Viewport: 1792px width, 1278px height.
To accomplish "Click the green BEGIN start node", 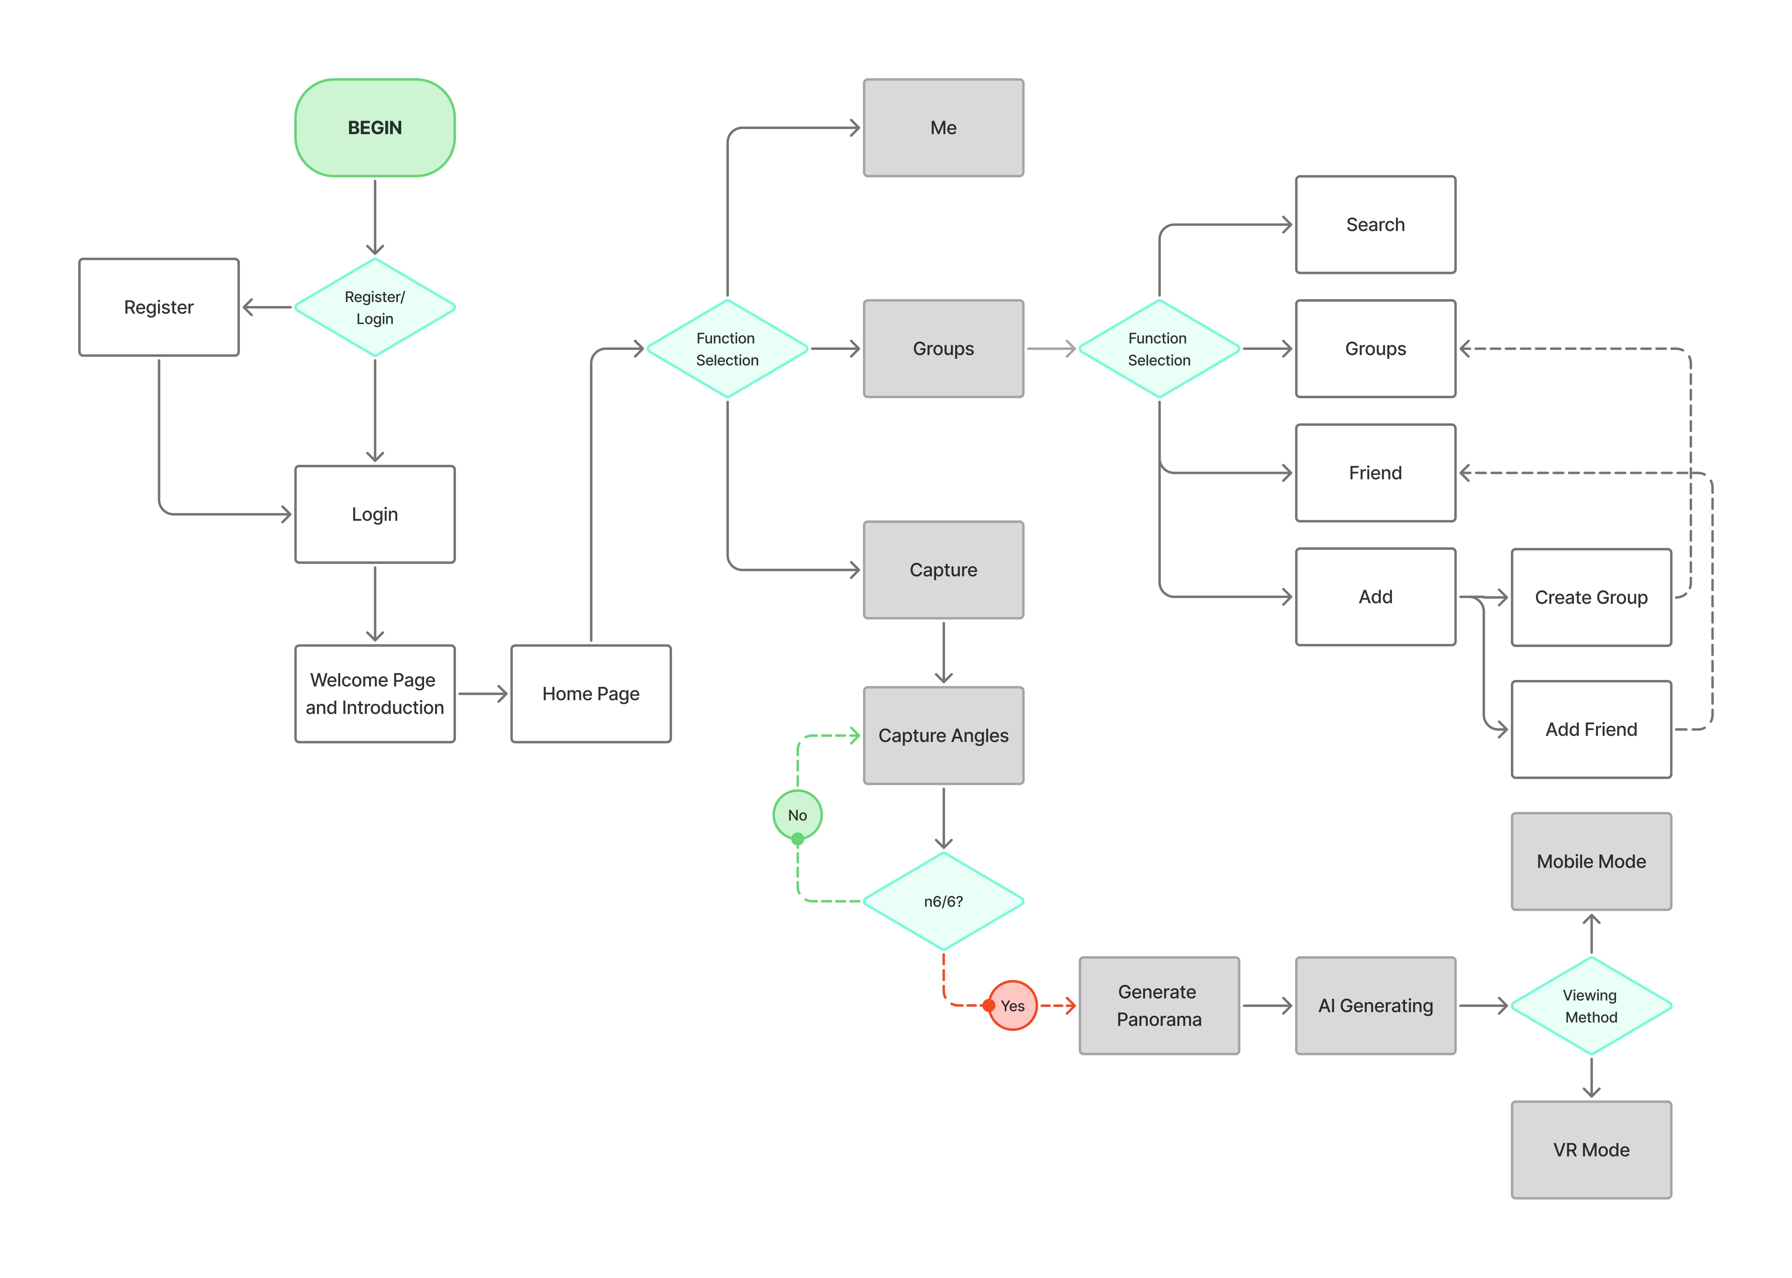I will (x=375, y=127).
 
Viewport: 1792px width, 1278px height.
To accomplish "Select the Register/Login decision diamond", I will (x=375, y=308).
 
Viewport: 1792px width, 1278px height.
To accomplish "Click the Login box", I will (x=375, y=515).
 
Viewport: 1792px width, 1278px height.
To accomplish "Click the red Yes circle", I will (x=1013, y=1006).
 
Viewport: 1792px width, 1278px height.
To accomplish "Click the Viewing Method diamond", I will (x=1591, y=1006).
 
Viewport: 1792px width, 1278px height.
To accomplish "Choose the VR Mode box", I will (x=1591, y=1150).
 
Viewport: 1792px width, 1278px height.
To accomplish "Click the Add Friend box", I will (x=1591, y=729).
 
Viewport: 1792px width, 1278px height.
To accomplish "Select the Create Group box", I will (x=1591, y=597).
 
